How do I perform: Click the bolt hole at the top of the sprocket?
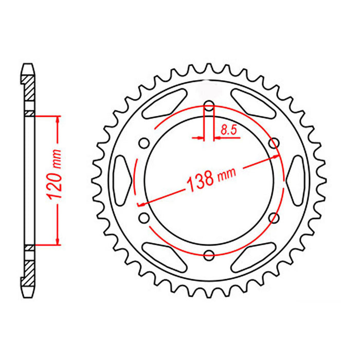pyautogui.click(x=209, y=107)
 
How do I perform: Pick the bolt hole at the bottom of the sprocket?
pyautogui.click(x=209, y=254)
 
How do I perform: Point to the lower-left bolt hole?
pyautogui.click(x=143, y=219)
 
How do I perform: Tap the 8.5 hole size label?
pyautogui.click(x=228, y=131)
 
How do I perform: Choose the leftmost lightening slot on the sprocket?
pyautogui.click(x=122, y=180)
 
